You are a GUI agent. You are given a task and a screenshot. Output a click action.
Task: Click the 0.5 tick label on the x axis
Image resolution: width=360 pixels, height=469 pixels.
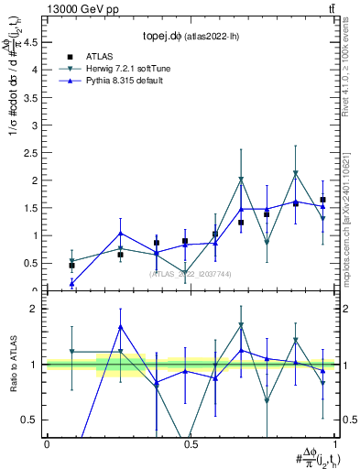[x=190, y=445]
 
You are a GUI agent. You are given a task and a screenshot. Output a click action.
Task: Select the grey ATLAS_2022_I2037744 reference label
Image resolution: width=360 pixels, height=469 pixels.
[x=190, y=274]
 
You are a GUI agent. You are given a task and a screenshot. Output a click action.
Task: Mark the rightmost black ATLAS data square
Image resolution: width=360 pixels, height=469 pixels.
[x=322, y=200]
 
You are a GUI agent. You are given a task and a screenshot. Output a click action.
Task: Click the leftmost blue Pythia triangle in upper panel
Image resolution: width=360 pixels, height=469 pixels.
[x=72, y=284]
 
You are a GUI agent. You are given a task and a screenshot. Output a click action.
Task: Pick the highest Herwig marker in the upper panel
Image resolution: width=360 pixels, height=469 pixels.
[x=295, y=173]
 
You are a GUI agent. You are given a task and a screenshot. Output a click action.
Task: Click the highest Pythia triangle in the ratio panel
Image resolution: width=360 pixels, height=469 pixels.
[x=121, y=327]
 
